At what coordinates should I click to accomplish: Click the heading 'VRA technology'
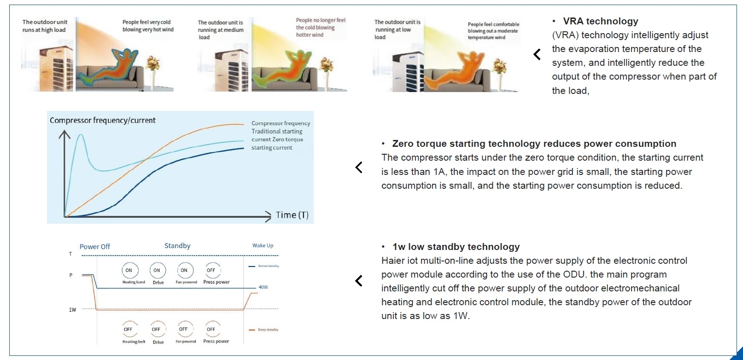click(600, 21)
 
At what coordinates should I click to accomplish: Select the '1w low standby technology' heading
click(456, 247)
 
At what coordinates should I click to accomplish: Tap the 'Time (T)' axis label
click(292, 215)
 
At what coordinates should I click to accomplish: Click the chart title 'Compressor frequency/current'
click(102, 120)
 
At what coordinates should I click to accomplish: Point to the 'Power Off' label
click(94, 247)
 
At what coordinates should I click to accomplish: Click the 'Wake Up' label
click(263, 245)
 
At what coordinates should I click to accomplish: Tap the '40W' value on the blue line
click(263, 287)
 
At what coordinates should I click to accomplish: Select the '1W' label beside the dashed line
click(72, 310)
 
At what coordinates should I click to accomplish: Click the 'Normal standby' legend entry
click(268, 266)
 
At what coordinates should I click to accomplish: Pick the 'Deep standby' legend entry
click(268, 330)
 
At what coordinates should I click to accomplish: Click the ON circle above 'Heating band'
click(129, 270)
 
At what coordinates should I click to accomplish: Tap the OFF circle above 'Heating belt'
click(128, 329)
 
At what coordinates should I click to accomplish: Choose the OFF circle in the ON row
click(211, 270)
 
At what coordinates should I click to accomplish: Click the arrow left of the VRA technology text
click(537, 54)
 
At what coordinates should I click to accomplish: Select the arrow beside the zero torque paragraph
click(359, 167)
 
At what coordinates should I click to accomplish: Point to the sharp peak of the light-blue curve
click(81, 135)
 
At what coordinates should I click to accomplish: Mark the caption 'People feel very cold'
click(146, 22)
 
